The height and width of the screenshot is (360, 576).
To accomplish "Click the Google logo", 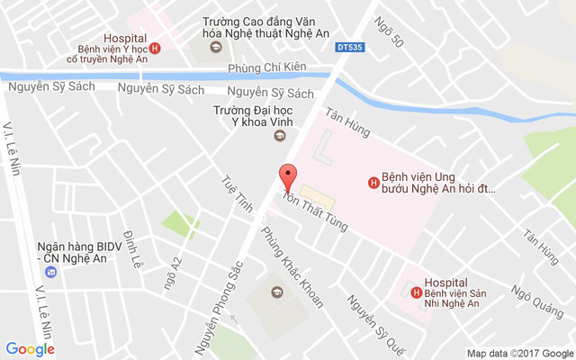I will pos(30,349).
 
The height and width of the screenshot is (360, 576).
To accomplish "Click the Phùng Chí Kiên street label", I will pos(267,67).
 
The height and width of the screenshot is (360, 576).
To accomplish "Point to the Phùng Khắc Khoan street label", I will pos(292,265).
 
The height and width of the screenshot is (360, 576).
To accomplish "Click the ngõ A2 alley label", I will pos(178,271).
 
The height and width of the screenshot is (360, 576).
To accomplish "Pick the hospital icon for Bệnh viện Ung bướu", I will pos(373,183).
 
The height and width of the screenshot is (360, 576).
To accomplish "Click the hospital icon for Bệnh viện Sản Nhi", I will pos(415,290).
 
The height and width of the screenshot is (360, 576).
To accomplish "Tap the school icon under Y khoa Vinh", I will pos(278,136).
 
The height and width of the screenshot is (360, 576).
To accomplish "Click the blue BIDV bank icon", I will pos(50,272).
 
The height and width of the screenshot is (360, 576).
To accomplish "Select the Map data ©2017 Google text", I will pos(519,353).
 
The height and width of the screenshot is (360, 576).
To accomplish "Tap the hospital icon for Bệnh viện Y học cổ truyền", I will pos(155,49).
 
